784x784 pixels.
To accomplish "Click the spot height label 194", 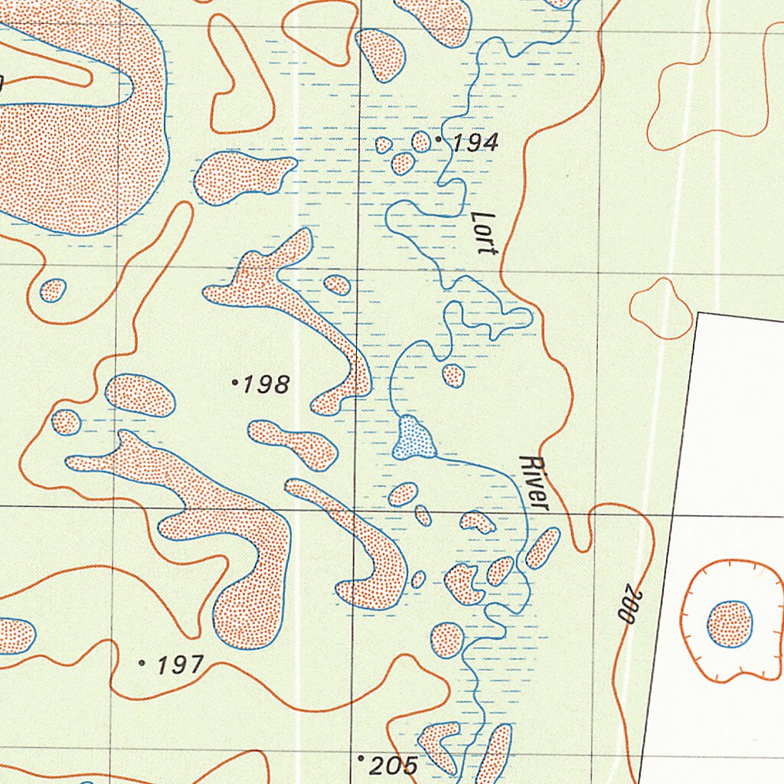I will [x=475, y=142].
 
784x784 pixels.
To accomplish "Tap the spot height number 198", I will [x=266, y=384].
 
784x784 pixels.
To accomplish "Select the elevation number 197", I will [x=180, y=665].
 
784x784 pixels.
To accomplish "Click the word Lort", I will [x=485, y=233].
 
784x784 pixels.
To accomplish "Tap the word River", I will [x=534, y=483].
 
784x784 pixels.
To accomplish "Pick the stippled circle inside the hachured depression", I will [x=729, y=623].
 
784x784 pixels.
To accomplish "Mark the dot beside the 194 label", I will [x=438, y=139].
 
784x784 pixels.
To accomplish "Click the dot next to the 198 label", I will [x=234, y=381].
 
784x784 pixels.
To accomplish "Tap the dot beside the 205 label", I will [x=361, y=758].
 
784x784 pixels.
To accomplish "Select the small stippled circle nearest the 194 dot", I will [x=421, y=142].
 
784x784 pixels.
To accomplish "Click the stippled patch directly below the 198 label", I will [x=293, y=444].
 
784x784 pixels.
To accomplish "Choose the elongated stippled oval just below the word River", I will [x=542, y=548].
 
